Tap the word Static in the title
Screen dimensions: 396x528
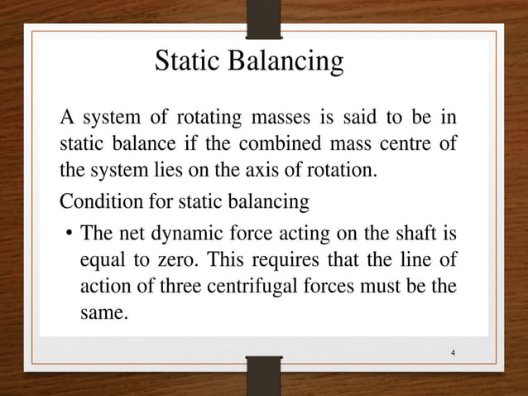pyautogui.click(x=191, y=62)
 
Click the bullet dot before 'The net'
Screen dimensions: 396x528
pyautogui.click(x=69, y=233)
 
